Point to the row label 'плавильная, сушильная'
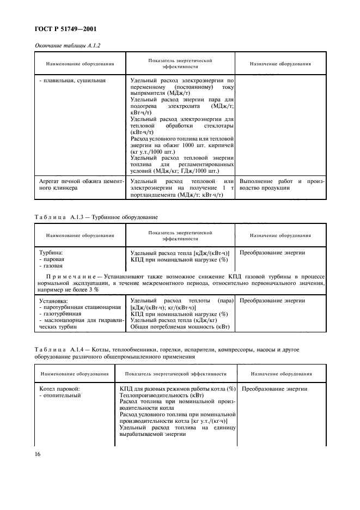coord(72,80)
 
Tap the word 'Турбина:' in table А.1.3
coord(51,253)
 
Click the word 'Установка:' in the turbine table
coord(54,301)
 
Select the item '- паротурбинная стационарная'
coord(80,307)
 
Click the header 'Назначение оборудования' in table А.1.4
coord(282,374)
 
